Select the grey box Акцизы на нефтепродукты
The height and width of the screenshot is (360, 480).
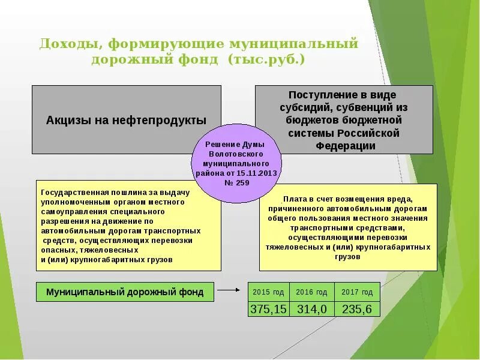pyautogui.click(x=126, y=120)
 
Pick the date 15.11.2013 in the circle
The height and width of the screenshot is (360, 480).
pyautogui.click(x=259, y=173)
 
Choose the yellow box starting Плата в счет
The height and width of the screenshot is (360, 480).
pyautogui.click(x=347, y=227)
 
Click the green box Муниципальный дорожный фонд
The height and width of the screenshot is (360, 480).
pyautogui.click(x=125, y=292)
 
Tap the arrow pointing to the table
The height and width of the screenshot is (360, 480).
pyautogui.click(x=228, y=290)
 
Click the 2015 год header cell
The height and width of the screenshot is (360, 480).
pyautogui.click(x=268, y=292)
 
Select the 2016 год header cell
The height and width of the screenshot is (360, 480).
pyautogui.click(x=312, y=292)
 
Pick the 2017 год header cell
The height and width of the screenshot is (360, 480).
pyautogui.click(x=357, y=292)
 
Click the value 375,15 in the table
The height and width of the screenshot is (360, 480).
pyautogui.click(x=268, y=309)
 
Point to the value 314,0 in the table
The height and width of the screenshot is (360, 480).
pyautogui.click(x=312, y=309)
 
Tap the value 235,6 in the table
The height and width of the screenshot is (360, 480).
pyautogui.click(x=357, y=309)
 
